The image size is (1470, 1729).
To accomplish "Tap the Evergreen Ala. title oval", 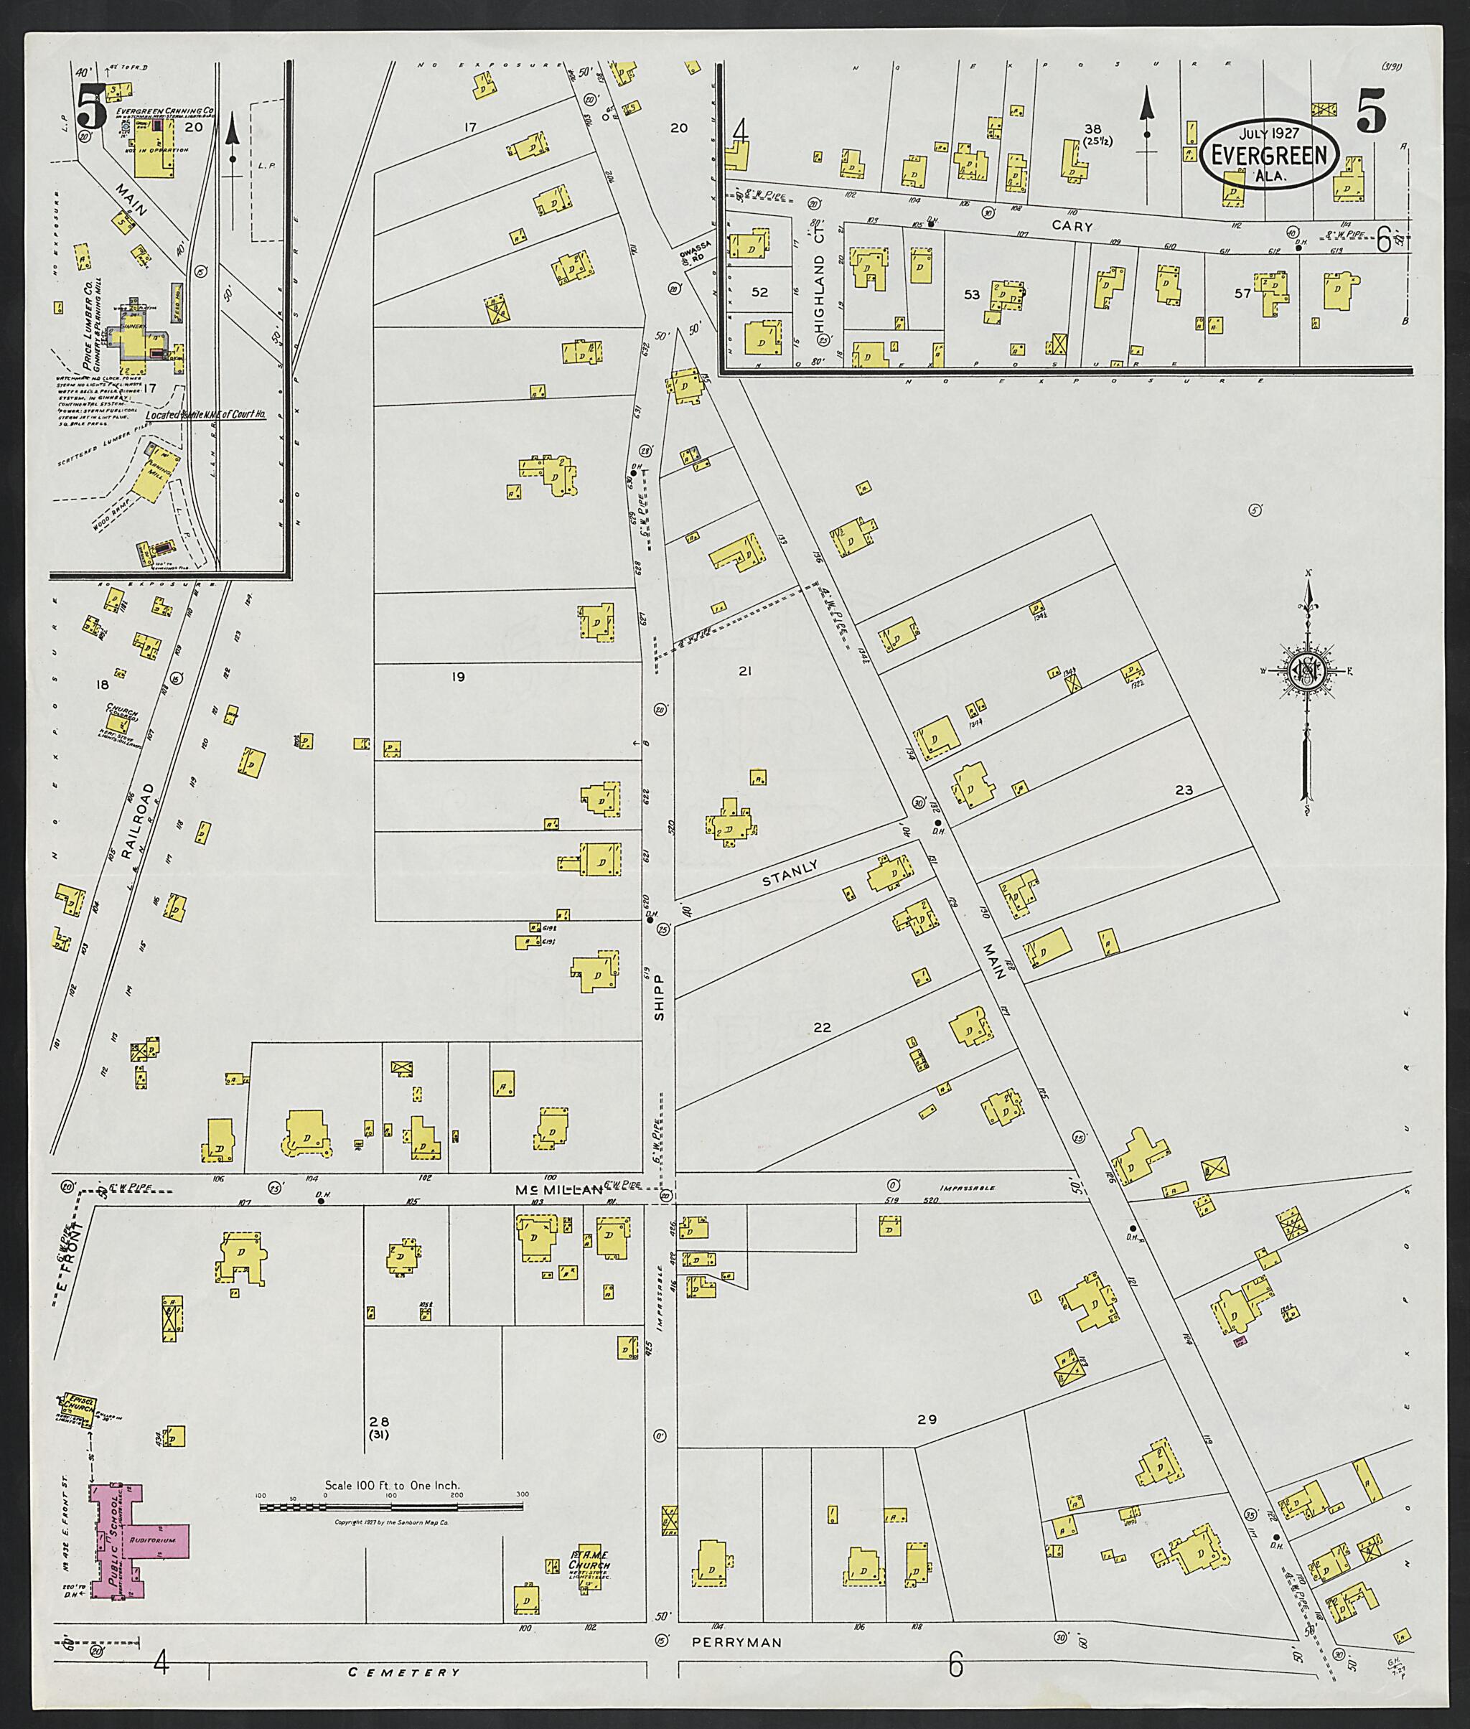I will pyautogui.click(x=1269, y=154).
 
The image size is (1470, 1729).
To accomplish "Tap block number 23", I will pyautogui.click(x=1184, y=790).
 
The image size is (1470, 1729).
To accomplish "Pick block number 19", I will pyautogui.click(x=457, y=677).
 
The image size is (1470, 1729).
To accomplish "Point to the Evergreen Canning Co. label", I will pyautogui.click(x=164, y=109).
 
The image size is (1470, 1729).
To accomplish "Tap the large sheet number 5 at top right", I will pyautogui.click(x=1371, y=111).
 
